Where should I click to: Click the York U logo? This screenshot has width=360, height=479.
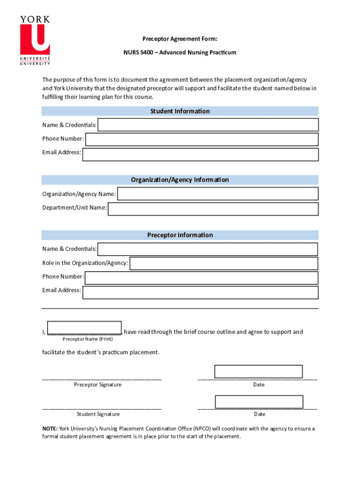(35, 41)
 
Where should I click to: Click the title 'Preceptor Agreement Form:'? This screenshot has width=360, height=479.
(180, 39)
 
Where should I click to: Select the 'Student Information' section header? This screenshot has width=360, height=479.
(180, 111)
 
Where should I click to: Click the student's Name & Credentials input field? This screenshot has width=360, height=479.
(208, 125)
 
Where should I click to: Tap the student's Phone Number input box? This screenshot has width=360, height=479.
(202, 139)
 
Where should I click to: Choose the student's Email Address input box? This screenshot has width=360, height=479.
(200, 154)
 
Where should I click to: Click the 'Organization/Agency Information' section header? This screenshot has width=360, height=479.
(180, 180)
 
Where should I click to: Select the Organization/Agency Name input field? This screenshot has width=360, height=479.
(217, 194)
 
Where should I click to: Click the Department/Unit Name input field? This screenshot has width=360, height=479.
(213, 209)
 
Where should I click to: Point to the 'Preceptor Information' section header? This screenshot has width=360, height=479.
(180, 235)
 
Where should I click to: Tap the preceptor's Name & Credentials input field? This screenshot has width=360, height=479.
(208, 249)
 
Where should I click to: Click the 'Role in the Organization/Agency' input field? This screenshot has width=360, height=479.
(223, 263)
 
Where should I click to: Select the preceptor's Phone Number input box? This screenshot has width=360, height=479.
(201, 278)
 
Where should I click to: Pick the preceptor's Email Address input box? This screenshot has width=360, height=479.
(200, 292)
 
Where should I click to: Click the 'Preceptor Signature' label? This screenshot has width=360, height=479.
(98, 385)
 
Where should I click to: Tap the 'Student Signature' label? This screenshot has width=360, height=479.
(98, 414)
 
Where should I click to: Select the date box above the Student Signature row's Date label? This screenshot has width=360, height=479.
(259, 402)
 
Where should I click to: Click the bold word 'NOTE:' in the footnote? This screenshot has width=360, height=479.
(50, 428)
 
